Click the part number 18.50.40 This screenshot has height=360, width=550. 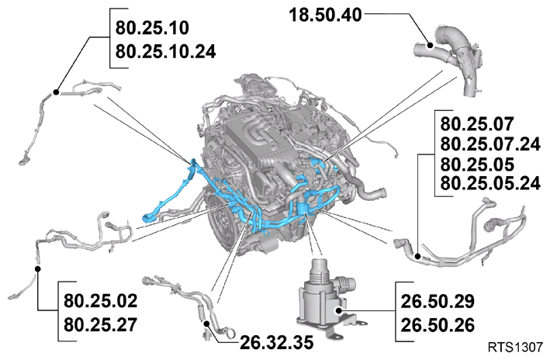(x=325, y=16)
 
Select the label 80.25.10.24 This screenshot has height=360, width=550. (x=165, y=52)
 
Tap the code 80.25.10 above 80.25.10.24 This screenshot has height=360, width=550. (x=152, y=28)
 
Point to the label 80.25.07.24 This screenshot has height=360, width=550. (x=490, y=144)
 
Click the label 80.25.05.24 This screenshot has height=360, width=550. (x=490, y=183)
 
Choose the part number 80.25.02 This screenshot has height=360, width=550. (x=100, y=301)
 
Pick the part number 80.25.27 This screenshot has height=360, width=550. (x=100, y=325)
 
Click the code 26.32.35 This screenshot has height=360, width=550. (x=276, y=343)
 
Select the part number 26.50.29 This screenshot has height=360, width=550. (x=438, y=301)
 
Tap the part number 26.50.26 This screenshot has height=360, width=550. (x=438, y=325)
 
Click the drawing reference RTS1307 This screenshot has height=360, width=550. (x=515, y=348)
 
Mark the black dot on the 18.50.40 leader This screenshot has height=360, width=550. (x=430, y=45)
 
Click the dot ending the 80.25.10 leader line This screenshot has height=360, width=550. (x=56, y=92)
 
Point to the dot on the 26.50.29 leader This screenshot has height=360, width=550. (x=338, y=310)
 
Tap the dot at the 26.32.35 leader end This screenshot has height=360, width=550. (x=207, y=324)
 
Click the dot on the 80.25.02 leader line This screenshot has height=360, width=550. (x=38, y=268)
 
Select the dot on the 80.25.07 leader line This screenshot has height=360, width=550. (x=417, y=256)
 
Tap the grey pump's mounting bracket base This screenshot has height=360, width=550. (x=331, y=327)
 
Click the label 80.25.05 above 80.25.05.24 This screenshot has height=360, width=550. (x=477, y=164)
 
